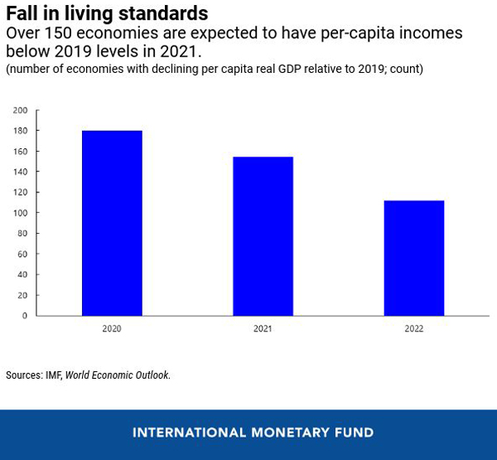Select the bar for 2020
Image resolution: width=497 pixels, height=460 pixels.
tap(112, 223)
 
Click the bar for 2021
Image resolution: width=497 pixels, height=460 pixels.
tap(263, 236)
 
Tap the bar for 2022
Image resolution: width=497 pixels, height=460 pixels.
tap(413, 258)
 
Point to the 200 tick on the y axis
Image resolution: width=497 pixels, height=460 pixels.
tap(20, 110)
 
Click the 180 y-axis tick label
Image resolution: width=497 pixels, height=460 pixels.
tap(20, 131)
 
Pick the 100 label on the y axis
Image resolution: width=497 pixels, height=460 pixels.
tap(20, 213)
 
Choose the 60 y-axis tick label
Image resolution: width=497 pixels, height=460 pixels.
tap(22, 254)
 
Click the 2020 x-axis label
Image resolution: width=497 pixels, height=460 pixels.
tap(112, 329)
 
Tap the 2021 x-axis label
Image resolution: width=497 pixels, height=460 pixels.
tap(263, 329)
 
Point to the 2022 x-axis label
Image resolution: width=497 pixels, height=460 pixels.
tap(413, 329)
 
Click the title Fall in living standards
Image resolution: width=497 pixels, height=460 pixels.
tap(107, 14)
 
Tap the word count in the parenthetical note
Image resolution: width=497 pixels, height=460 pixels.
tap(405, 69)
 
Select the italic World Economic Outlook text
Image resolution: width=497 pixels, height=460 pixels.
tap(117, 375)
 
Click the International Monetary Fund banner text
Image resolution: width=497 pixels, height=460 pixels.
tap(253, 433)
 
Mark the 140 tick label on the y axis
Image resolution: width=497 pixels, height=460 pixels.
tap(20, 172)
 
